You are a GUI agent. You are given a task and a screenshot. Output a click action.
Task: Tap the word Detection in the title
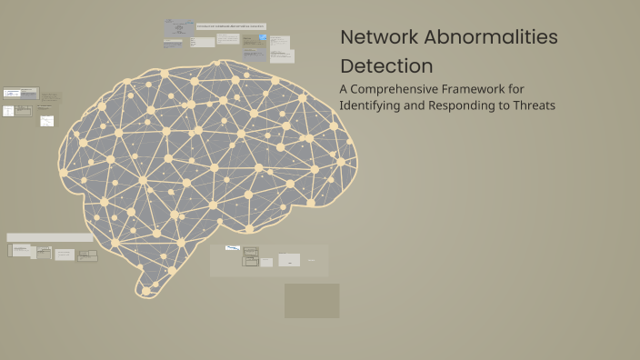tap(386, 66)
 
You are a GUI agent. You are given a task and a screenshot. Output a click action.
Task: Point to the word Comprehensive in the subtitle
tap(395, 90)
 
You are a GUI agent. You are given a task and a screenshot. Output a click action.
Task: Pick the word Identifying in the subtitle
tap(369, 105)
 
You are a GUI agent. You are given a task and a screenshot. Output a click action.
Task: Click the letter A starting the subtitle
tap(344, 89)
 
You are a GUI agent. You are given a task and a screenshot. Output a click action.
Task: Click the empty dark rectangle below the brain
tap(312, 301)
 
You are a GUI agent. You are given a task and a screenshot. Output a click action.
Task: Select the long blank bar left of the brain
tap(49, 237)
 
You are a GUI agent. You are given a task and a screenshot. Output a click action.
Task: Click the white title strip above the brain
tap(231, 26)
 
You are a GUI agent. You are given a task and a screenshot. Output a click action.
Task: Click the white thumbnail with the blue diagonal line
tap(233, 247)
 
